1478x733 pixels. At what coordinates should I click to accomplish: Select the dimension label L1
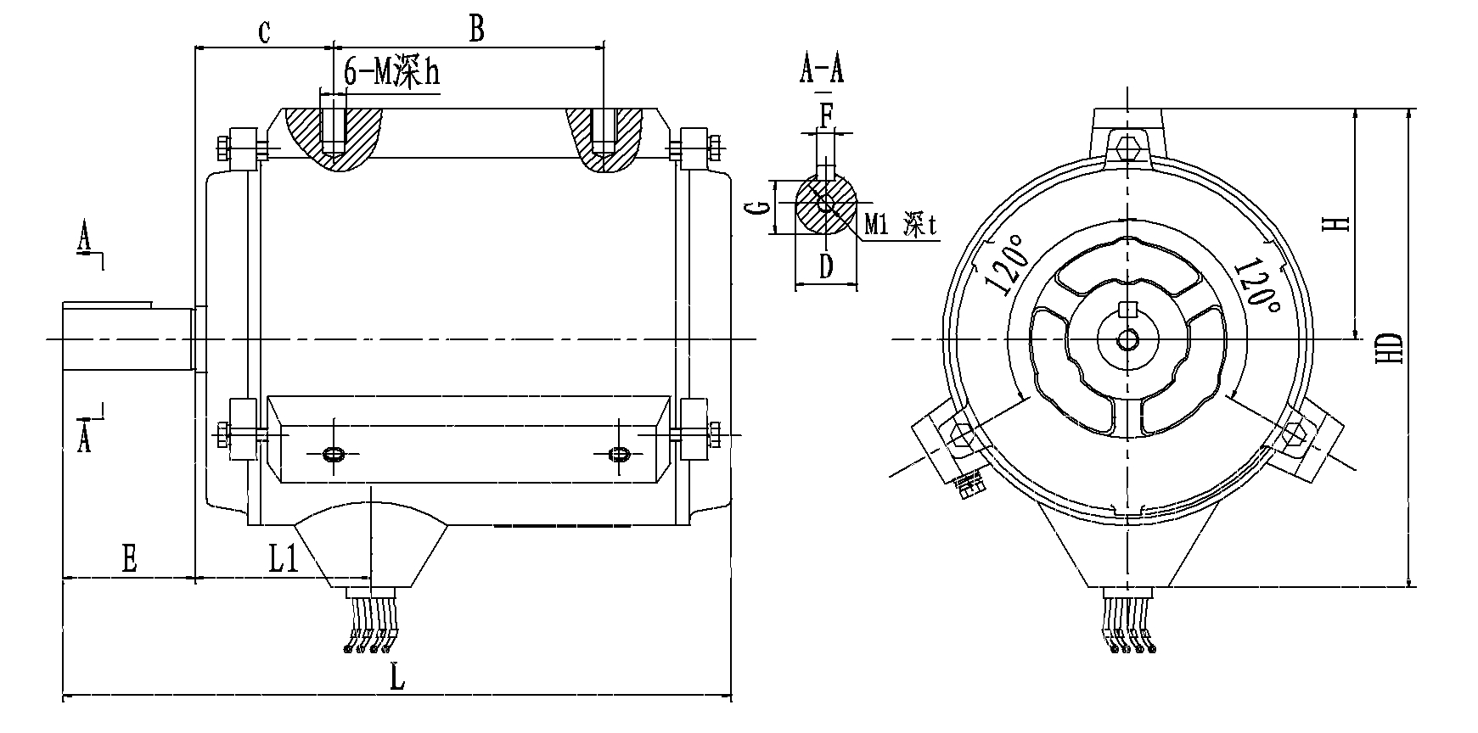click(x=284, y=558)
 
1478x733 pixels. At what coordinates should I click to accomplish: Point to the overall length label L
click(x=396, y=679)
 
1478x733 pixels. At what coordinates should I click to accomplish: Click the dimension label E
click(x=129, y=559)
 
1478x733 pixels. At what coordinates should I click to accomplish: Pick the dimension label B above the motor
click(x=476, y=30)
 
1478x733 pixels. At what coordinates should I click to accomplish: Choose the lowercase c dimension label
click(x=264, y=32)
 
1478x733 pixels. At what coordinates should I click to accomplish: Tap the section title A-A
click(x=821, y=70)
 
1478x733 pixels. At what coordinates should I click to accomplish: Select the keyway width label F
click(x=826, y=113)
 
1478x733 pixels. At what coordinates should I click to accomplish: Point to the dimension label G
click(x=761, y=207)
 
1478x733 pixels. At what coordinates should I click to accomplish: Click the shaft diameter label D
click(x=826, y=267)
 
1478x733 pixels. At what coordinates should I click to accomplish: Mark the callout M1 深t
click(x=899, y=225)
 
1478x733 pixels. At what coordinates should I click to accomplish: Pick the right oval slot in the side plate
click(x=620, y=455)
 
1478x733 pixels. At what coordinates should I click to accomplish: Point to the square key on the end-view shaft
click(x=1127, y=309)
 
